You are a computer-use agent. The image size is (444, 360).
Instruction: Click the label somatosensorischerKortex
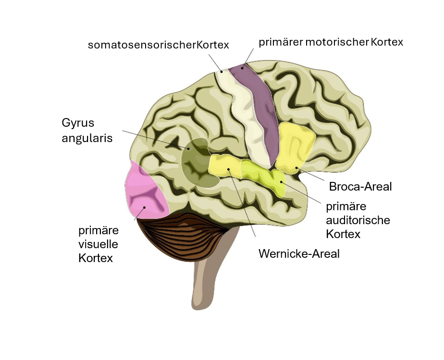(x=158, y=45)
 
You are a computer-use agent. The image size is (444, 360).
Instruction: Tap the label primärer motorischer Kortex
(x=331, y=42)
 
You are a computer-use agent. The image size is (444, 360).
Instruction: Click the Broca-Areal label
(x=360, y=186)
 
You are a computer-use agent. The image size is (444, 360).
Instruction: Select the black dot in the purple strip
(x=242, y=68)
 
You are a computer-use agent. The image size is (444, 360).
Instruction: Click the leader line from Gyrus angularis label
(x=154, y=139)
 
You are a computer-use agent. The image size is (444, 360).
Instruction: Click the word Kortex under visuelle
(x=96, y=258)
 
